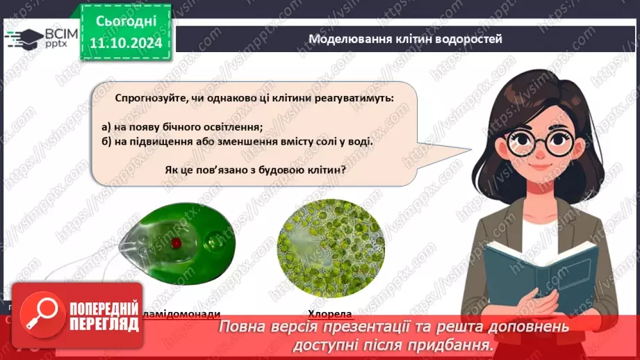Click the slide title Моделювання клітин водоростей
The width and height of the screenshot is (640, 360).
click(x=405, y=39)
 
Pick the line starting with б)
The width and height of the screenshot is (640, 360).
click(x=236, y=141)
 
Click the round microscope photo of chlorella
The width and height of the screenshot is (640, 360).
click(x=331, y=248)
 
